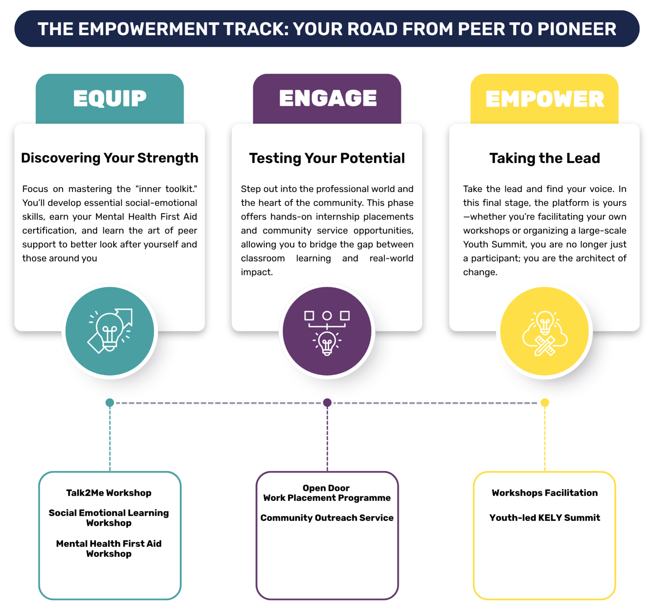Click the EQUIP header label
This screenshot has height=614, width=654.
(x=110, y=98)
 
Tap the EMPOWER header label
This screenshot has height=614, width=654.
(x=545, y=99)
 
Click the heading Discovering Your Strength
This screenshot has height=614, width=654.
(x=110, y=158)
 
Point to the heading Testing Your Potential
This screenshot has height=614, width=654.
(x=327, y=158)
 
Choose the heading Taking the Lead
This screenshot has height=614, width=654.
(x=545, y=158)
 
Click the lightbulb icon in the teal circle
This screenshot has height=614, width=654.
(x=110, y=331)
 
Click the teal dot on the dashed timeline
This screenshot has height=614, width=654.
(x=110, y=403)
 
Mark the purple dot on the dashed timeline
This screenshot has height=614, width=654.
(x=327, y=403)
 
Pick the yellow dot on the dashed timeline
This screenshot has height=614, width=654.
(x=545, y=403)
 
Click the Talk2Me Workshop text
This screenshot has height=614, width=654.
(x=109, y=493)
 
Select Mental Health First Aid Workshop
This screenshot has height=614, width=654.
(x=109, y=549)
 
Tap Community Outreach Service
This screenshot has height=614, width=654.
(x=327, y=518)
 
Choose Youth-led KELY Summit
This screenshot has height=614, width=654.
(x=545, y=518)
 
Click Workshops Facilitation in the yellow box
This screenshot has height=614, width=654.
(x=545, y=493)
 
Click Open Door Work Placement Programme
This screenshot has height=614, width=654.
(x=327, y=493)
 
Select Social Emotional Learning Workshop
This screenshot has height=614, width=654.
(x=109, y=518)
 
